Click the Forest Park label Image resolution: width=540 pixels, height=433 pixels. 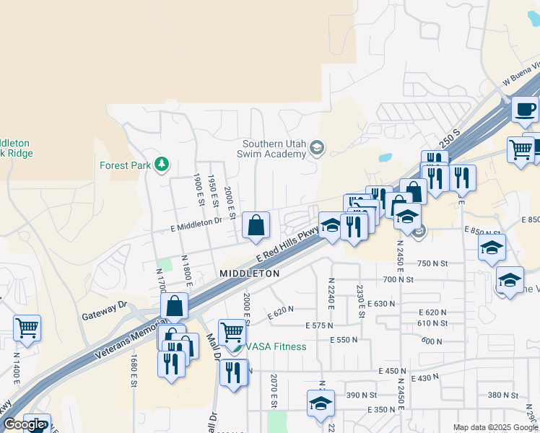[x=125, y=165]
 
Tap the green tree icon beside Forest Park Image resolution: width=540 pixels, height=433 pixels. [x=162, y=165]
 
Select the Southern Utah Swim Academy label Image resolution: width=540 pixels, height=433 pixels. [x=274, y=149]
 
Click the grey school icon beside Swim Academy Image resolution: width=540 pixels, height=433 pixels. [x=316, y=149]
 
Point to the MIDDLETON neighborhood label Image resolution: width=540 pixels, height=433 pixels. [x=249, y=274]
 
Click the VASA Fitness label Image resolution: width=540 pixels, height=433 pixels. [x=275, y=346]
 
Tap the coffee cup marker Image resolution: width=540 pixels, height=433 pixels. [x=525, y=110]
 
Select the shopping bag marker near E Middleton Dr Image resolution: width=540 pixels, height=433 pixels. [x=256, y=226]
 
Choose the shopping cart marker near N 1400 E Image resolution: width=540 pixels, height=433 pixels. [x=27, y=328]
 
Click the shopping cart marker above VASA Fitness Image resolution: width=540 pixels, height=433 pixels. [x=232, y=333]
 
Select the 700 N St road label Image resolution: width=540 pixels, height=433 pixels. [x=399, y=279]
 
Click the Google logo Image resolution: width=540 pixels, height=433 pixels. [x=24, y=425]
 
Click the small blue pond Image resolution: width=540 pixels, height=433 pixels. [x=384, y=157]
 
